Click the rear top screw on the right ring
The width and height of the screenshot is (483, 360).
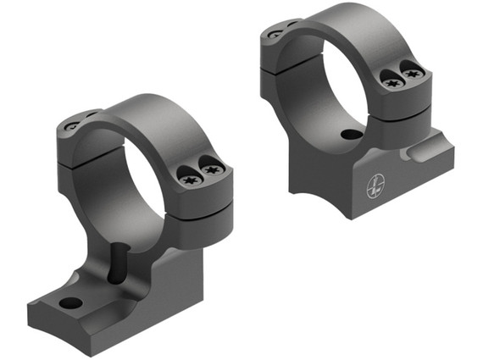pos(275,33)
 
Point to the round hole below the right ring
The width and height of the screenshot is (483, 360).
pos(348,134)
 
